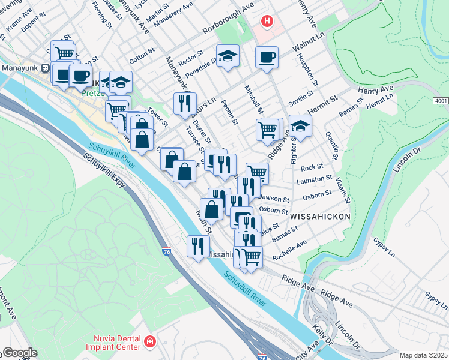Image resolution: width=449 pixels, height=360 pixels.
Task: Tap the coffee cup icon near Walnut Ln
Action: [266, 58]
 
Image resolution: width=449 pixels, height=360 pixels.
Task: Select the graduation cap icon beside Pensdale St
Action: [228, 56]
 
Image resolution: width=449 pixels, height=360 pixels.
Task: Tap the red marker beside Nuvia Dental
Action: [149, 342]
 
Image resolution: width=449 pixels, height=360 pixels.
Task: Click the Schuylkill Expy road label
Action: [106, 173]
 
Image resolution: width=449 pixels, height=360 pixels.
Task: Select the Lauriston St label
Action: [316, 179]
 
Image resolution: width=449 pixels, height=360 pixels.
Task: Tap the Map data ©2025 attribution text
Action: [423, 355]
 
